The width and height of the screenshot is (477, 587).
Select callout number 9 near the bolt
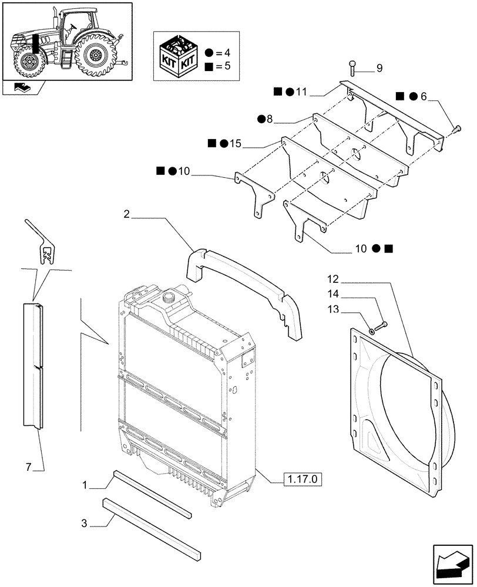pyautogui.click(x=379, y=69)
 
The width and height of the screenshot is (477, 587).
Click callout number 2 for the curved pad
pyautogui.click(x=126, y=215)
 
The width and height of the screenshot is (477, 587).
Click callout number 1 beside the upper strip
pyautogui.click(x=86, y=485)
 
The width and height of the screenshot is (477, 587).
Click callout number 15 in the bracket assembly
pyautogui.click(x=235, y=144)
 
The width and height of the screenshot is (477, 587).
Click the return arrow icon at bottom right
pyautogui.click(x=453, y=565)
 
